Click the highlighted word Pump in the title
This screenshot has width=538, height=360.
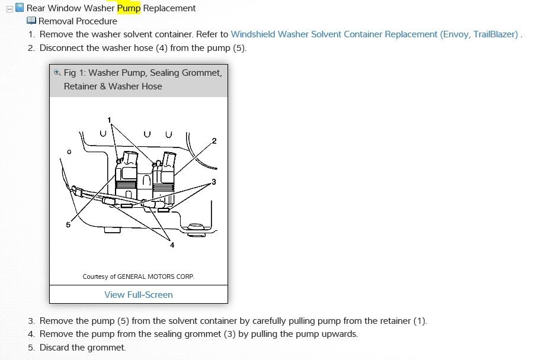[129, 8]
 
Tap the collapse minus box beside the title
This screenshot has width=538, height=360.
[9, 9]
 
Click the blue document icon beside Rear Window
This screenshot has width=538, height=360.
[20, 8]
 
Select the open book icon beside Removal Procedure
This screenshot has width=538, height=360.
[31, 21]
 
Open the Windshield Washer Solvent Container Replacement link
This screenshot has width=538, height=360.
[374, 34]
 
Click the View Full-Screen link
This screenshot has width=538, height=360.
[139, 294]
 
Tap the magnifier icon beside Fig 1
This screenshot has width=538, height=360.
[57, 72]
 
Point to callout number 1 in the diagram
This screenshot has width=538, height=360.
[110, 120]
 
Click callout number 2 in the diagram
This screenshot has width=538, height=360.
[214, 141]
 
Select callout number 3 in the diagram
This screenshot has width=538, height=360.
[214, 182]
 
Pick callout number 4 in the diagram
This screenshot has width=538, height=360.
[172, 245]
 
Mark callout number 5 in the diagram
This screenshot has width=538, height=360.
[68, 224]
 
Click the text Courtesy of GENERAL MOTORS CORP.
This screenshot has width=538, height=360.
[138, 276]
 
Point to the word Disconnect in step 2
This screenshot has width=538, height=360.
[63, 48]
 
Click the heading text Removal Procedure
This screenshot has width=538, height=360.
[78, 21]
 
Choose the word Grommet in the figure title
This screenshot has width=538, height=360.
[201, 73]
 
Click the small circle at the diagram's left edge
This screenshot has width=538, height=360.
[69, 152]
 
